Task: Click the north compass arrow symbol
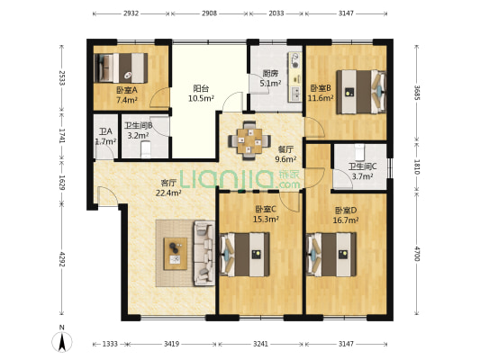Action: [x=62, y=341]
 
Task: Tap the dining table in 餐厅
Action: [x=249, y=141]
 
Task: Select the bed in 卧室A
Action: [x=121, y=67]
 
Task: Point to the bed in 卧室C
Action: [x=245, y=254]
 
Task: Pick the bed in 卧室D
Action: [x=331, y=254]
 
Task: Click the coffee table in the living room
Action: [x=176, y=254]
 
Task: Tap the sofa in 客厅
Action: [x=204, y=253]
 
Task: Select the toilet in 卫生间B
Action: [x=146, y=149]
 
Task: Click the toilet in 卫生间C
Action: [x=359, y=152]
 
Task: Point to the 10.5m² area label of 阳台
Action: [x=201, y=98]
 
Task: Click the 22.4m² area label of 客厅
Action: [x=168, y=193]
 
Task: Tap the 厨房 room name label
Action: [x=270, y=74]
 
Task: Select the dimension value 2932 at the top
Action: [x=131, y=13]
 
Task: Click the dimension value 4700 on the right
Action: [x=416, y=254]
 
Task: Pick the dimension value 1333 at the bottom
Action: [x=110, y=344]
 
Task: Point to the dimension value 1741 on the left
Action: [x=62, y=136]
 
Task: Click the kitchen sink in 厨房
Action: [x=295, y=94]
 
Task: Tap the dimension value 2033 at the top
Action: [x=276, y=13]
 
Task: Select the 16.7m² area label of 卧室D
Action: [x=346, y=220]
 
